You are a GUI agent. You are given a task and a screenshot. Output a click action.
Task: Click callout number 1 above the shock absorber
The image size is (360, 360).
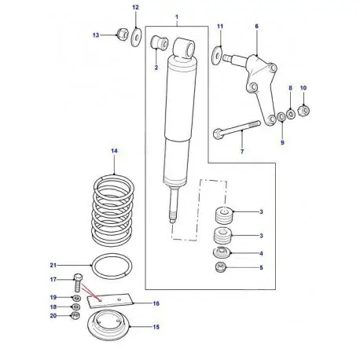pyautogui.click(x=176, y=17)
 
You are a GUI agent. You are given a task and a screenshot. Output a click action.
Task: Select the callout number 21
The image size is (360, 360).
pyautogui.click(x=54, y=264)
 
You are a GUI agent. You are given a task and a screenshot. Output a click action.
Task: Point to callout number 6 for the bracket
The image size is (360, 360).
pyautogui.click(x=256, y=25)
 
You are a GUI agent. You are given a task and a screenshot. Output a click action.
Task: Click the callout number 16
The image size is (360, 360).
pyautogui.click(x=156, y=303)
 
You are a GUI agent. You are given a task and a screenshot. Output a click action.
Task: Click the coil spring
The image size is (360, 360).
pyautogui.click(x=115, y=208)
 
